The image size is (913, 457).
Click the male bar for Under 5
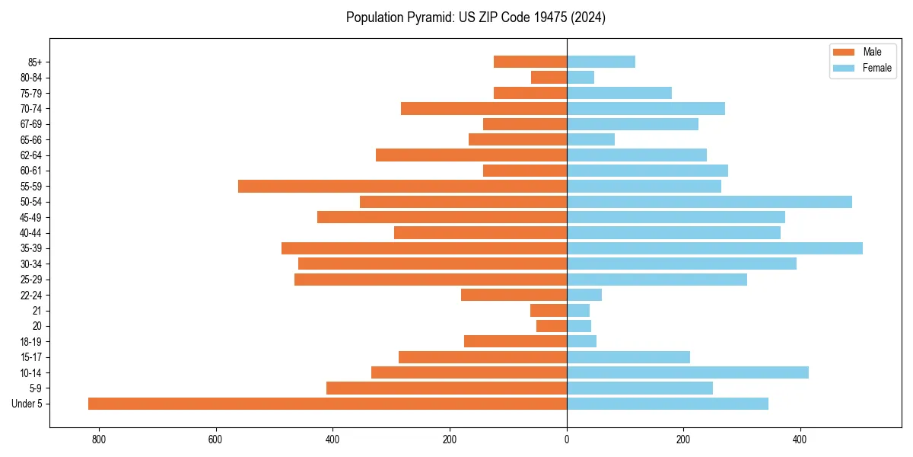tap(327, 404)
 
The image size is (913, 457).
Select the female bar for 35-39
tap(714, 248)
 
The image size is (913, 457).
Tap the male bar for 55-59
tap(402, 187)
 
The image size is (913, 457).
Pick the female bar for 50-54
tap(709, 202)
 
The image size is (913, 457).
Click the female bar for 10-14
tap(688, 372)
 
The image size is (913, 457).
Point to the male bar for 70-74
tap(484, 108)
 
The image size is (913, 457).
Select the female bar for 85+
tap(601, 62)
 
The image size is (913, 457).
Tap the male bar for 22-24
tap(514, 295)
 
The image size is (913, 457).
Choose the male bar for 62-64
tap(471, 155)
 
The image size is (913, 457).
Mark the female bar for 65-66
tap(590, 139)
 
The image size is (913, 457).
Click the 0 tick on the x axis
tap(567, 439)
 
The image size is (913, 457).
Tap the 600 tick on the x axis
tap(216, 439)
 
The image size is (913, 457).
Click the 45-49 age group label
tap(31, 218)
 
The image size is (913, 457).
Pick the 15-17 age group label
tap(31, 357)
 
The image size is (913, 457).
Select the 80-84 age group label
tap(31, 78)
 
